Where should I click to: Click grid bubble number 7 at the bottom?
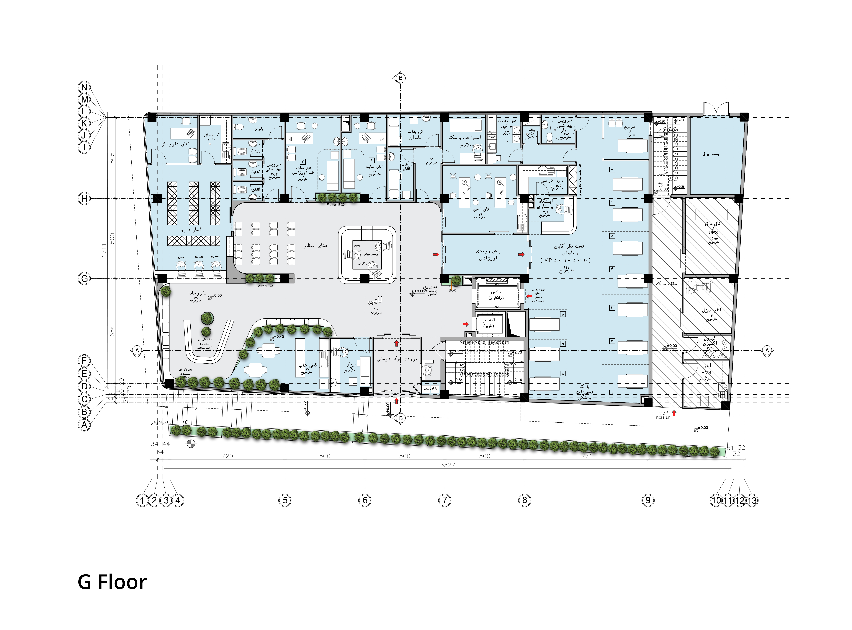pyautogui.click(x=444, y=500)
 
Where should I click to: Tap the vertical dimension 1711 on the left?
pyautogui.click(x=104, y=250)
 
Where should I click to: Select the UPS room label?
pyautogui.click(x=713, y=232)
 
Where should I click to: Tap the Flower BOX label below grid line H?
pyautogui.click(x=336, y=205)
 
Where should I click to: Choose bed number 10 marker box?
pyautogui.click(x=563, y=314)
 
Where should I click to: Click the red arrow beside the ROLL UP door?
pyautogui.click(x=674, y=413)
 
